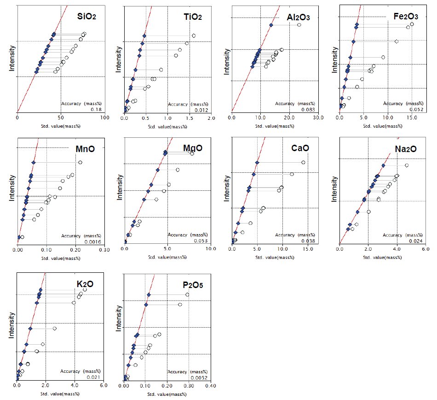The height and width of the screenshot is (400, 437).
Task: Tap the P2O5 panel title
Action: tap(192, 285)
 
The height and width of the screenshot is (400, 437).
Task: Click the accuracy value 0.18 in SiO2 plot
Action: tap(98, 110)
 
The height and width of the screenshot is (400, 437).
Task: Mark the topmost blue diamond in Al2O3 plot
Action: tap(271, 25)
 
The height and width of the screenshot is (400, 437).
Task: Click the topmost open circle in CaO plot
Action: tap(303, 162)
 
